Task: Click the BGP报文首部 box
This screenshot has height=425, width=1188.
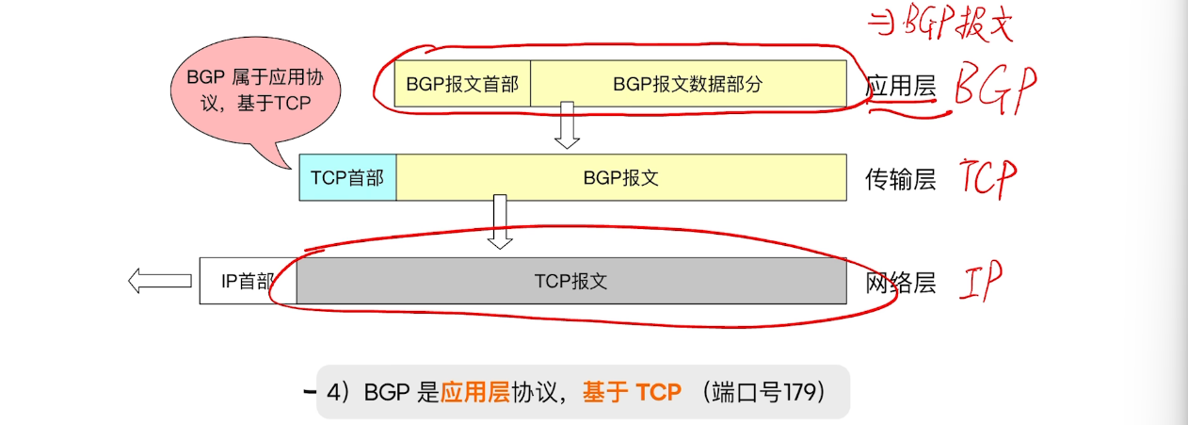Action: click(462, 84)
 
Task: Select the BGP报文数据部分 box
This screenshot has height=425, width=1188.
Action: click(688, 84)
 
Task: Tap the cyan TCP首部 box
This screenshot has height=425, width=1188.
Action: click(348, 178)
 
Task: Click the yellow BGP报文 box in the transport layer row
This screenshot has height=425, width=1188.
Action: click(621, 178)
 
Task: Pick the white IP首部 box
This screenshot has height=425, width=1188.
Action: click(249, 281)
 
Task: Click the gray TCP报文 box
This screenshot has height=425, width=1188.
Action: click(571, 281)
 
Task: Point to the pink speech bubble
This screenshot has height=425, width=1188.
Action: click(256, 91)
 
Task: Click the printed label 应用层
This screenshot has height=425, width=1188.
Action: click(901, 86)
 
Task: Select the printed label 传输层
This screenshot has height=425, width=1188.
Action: click(901, 179)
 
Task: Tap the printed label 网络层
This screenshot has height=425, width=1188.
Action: click(901, 283)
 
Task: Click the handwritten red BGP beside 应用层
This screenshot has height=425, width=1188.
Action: click(995, 88)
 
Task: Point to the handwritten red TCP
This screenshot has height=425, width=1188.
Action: click(987, 178)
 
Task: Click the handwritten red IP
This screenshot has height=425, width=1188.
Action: click(981, 281)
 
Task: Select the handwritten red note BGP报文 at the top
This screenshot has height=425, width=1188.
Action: click(940, 24)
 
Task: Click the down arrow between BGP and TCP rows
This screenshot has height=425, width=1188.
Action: click(567, 125)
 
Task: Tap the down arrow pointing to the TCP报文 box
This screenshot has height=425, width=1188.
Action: click(500, 221)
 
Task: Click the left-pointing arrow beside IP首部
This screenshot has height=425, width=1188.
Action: click(160, 281)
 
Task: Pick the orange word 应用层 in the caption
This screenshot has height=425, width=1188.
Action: click(475, 393)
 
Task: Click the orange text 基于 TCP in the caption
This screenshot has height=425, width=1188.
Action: click(632, 393)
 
